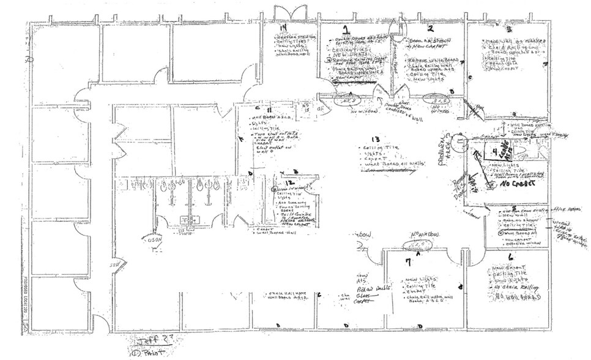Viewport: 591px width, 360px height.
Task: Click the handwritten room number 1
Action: (346, 29)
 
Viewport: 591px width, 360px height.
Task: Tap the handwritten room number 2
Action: (430, 28)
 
